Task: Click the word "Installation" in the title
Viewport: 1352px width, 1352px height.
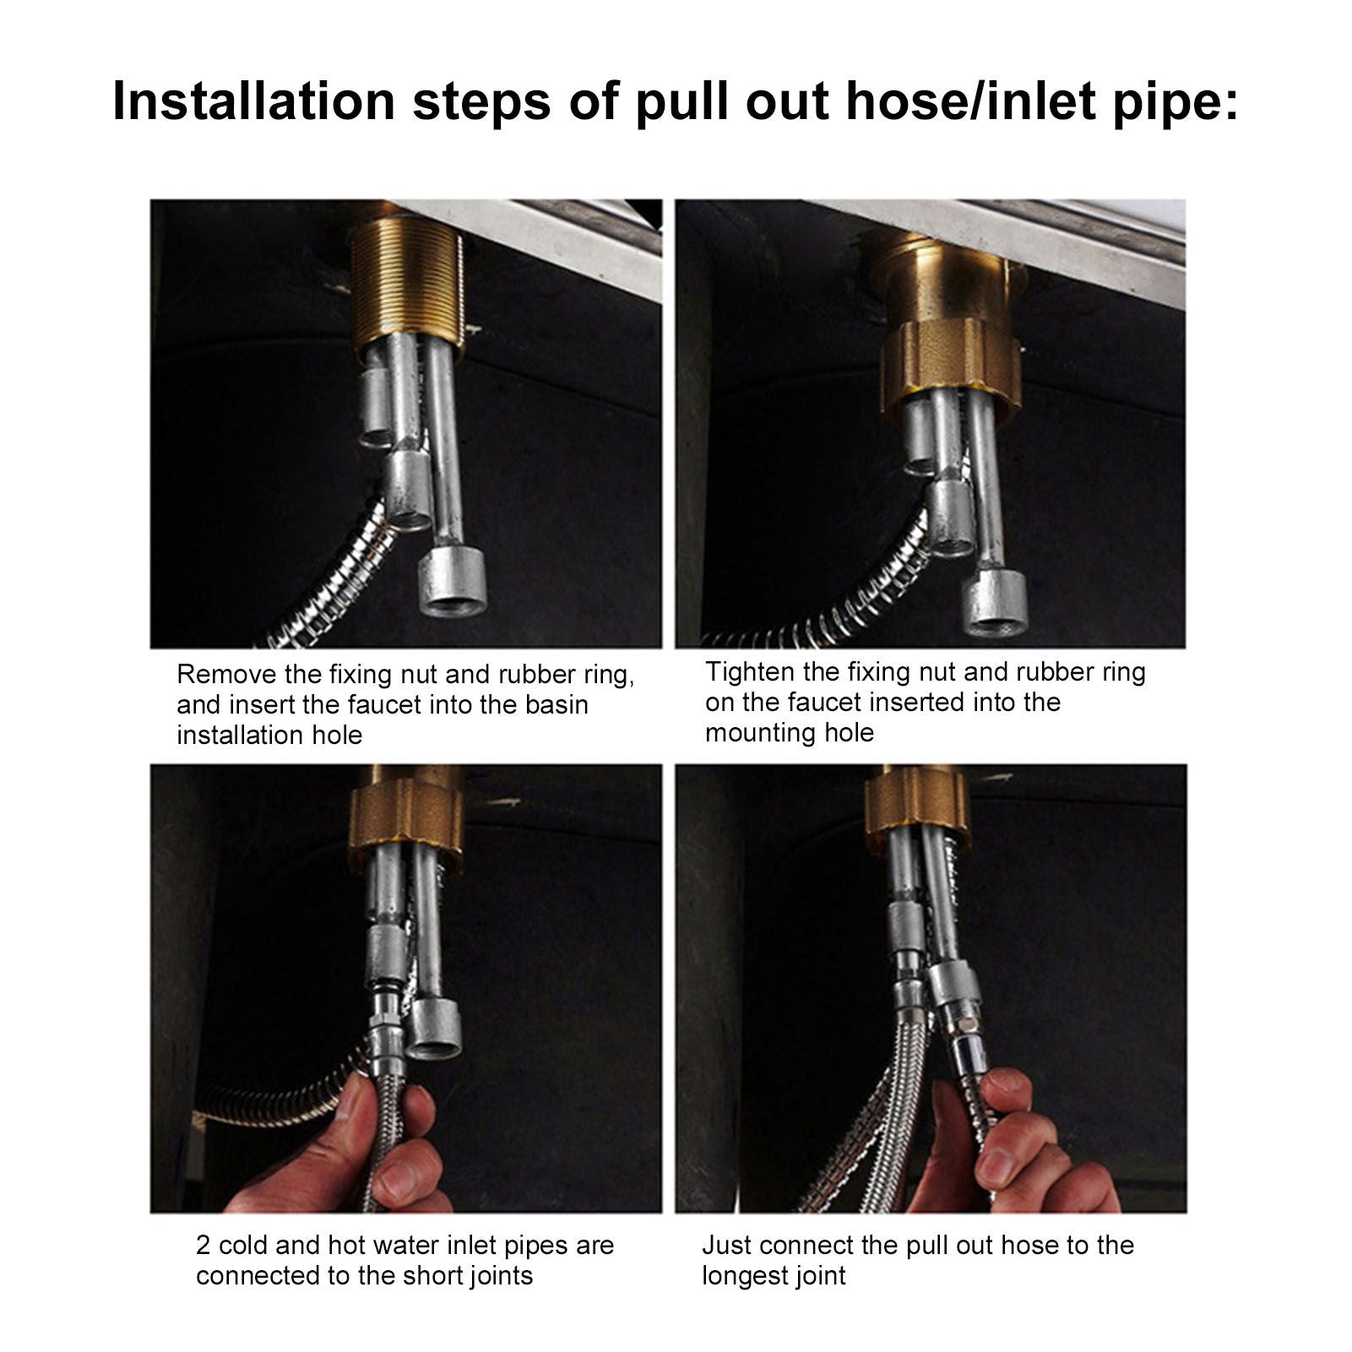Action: point(253,100)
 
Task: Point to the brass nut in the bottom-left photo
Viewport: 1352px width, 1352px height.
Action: point(406,816)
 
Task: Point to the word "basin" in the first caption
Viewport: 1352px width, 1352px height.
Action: point(557,704)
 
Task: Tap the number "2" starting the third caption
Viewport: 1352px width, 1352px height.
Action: point(204,1246)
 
